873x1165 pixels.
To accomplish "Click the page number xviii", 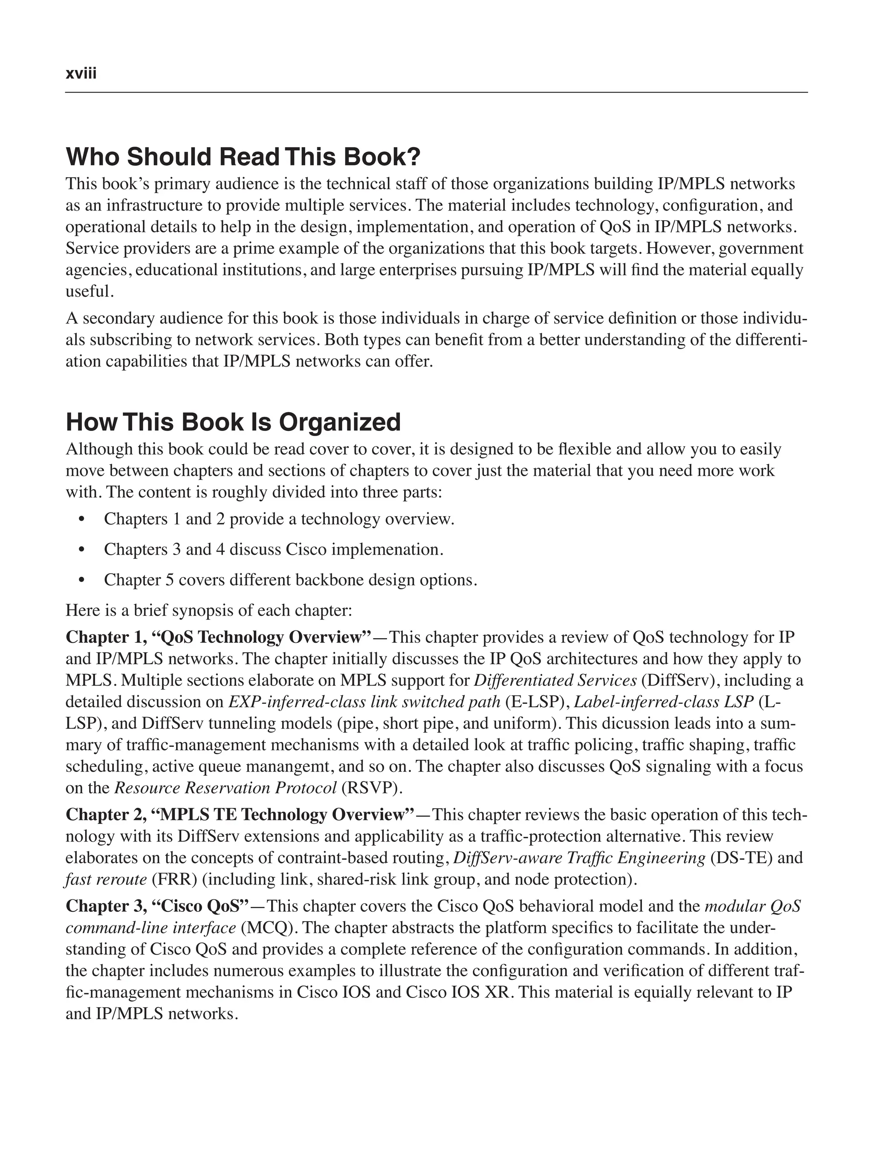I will pos(81,73).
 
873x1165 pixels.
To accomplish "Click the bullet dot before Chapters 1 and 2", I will pos(81,519).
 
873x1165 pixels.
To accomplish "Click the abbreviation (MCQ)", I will pos(266,928).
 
